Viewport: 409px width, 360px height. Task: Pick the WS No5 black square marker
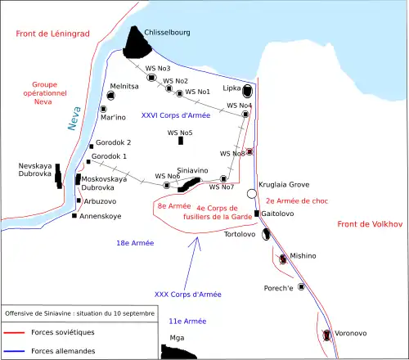click(x=180, y=141)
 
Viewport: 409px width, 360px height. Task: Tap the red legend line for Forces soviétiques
click(x=14, y=332)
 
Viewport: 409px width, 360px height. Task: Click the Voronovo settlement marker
click(x=326, y=335)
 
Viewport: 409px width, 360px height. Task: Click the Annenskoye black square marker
click(x=74, y=216)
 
